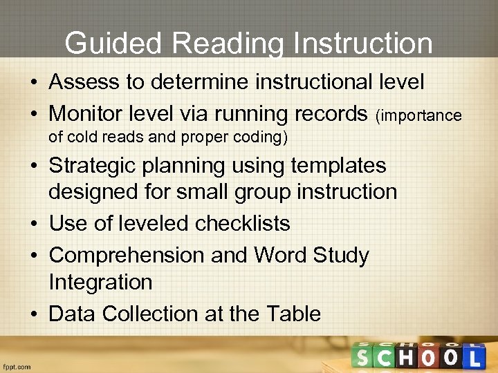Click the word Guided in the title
(x=113, y=44)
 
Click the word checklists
(x=242, y=224)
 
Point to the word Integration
(x=100, y=282)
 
